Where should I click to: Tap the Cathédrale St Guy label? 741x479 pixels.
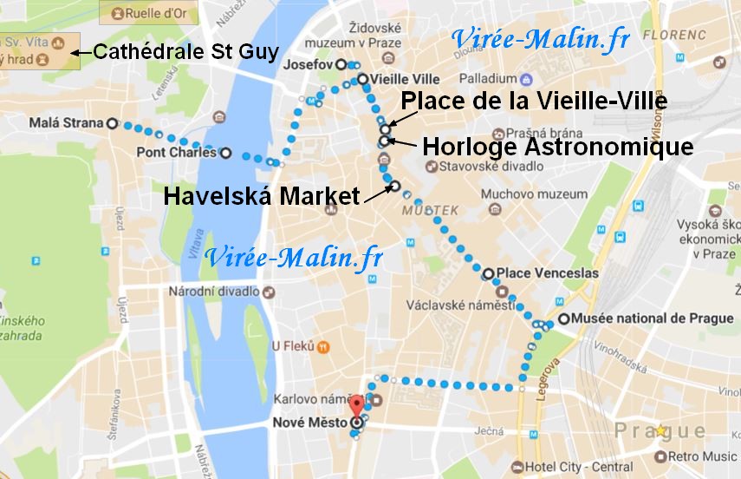[x=185, y=52]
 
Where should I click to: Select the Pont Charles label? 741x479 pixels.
[x=177, y=154]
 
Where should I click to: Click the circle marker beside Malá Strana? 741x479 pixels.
[x=112, y=123]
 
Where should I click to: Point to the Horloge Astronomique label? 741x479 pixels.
[x=557, y=147]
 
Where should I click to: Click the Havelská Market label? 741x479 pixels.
[x=261, y=197]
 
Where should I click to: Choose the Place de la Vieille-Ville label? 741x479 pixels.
[x=534, y=102]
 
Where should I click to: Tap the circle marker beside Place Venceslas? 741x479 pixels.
[x=488, y=273]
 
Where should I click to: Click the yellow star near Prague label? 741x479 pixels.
[x=662, y=430]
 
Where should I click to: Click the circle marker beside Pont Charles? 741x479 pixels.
[x=226, y=154]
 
